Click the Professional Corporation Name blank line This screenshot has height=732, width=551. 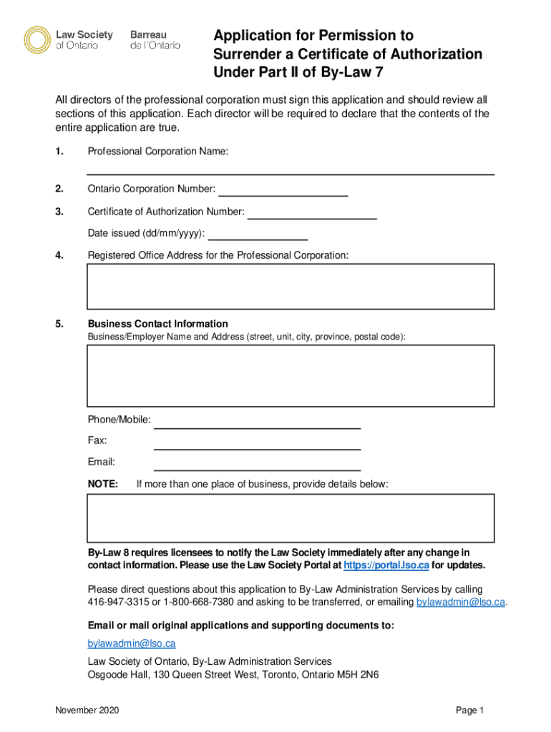pos(291,169)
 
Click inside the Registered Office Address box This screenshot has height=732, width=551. pos(291,286)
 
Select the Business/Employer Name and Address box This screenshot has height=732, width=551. pos(291,375)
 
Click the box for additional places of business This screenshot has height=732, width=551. pos(291,518)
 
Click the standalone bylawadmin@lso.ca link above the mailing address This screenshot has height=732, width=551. pos(132,643)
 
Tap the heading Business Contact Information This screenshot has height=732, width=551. pos(157,324)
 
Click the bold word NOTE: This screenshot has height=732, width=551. pos(103,485)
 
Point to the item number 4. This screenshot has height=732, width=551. pos(59,255)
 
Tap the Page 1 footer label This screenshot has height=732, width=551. pos(470,711)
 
